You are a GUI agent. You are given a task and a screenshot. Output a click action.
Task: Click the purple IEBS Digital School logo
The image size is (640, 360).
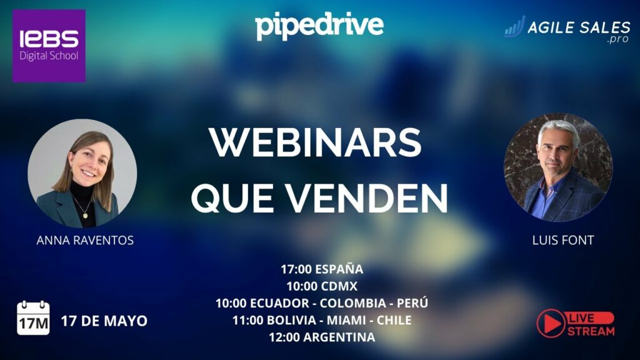point(49,46)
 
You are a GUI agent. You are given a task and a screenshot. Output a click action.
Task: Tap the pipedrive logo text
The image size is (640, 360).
point(319,26)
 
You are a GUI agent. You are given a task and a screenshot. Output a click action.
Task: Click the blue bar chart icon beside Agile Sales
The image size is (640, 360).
point(514,27)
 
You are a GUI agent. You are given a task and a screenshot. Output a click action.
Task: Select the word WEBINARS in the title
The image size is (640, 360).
point(316,142)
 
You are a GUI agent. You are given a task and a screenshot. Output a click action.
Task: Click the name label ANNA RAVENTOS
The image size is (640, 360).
point(85,240)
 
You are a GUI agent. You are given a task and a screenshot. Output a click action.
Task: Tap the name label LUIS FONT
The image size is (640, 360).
point(563,240)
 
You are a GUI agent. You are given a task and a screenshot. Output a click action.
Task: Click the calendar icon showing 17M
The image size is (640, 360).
point(34,318)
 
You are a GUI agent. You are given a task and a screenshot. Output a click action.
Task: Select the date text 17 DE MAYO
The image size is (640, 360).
point(104,321)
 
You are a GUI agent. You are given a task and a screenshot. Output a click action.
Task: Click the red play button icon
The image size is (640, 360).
point(551,323)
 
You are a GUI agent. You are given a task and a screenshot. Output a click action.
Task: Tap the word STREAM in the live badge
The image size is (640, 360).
point(591,331)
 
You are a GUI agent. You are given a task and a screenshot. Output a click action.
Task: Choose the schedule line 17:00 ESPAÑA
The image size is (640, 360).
point(322,269)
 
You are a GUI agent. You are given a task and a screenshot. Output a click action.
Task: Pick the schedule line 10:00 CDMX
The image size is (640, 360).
point(322,286)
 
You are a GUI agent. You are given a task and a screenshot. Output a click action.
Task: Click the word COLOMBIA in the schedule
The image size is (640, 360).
point(353,303)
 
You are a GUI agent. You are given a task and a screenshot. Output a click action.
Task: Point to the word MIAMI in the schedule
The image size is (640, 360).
point(346,321)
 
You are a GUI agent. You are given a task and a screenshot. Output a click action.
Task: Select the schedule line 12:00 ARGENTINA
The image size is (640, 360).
point(322,337)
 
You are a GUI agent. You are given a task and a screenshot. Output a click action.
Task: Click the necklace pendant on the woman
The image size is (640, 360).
point(85,215)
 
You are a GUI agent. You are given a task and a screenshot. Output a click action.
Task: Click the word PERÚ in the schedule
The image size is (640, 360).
point(412,303)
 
